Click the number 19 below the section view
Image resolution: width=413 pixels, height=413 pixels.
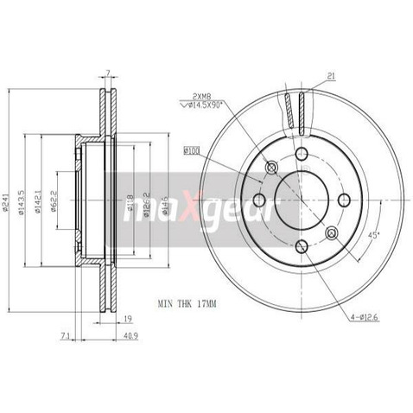pyautogui.click(x=125, y=318)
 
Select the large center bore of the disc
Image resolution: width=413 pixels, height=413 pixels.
pyautogui.click(x=299, y=201)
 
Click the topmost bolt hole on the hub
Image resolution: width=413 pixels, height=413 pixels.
pyautogui.click(x=302, y=155)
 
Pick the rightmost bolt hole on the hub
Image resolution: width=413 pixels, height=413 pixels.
pyautogui.click(x=344, y=200)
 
